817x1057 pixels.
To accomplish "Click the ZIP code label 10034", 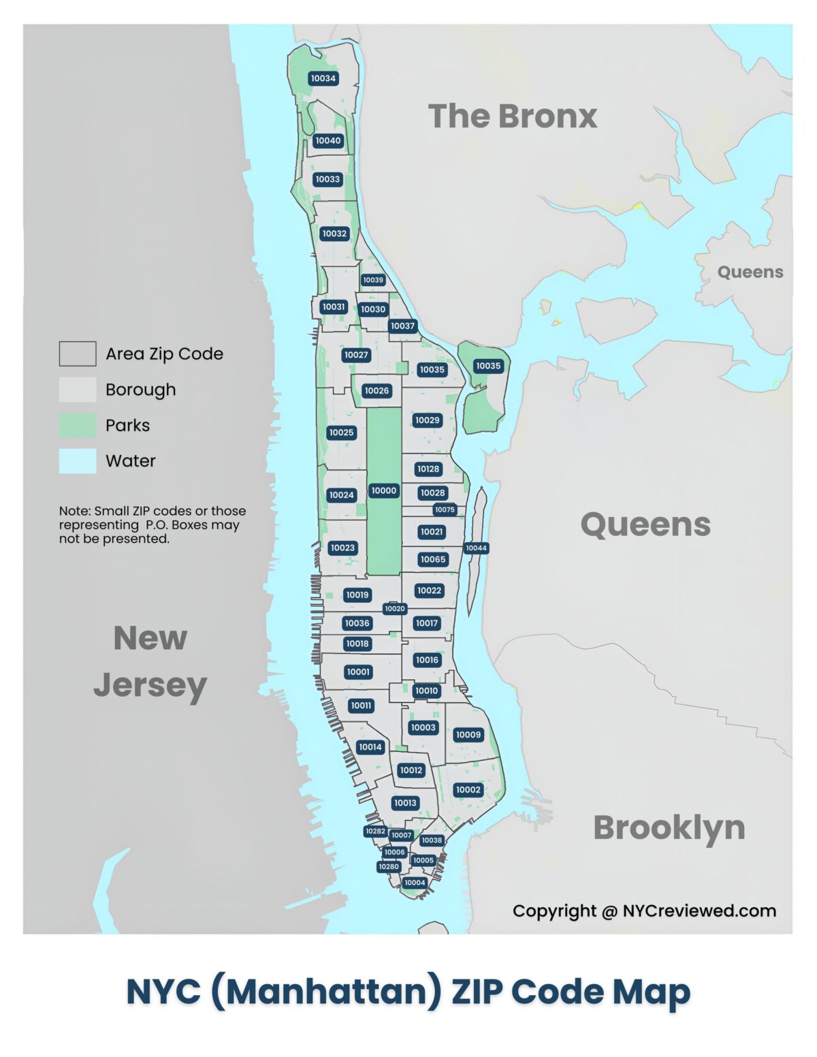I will (x=323, y=78).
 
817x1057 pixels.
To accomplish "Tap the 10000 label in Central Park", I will (x=384, y=490).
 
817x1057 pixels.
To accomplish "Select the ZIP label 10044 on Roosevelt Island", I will (x=476, y=548).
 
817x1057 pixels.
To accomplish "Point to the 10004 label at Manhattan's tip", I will (x=414, y=883).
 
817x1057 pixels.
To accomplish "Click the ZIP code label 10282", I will (x=375, y=831).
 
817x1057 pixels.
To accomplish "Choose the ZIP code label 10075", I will (x=445, y=509).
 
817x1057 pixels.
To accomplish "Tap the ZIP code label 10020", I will (x=395, y=609).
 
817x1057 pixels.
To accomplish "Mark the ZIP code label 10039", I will (x=373, y=280).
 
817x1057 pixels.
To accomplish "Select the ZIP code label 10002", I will (x=468, y=790).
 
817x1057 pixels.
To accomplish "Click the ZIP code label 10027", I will (x=356, y=355).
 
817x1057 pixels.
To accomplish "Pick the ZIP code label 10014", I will (x=370, y=747).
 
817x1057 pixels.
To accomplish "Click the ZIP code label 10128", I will (x=428, y=469).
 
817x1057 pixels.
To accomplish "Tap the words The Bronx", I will (x=512, y=116).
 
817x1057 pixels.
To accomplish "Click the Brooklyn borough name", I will (x=669, y=827).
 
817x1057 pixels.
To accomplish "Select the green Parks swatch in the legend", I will (x=77, y=426).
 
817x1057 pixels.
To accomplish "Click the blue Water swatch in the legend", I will (x=77, y=461).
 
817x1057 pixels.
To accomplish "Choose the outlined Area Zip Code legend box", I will (x=77, y=354).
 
